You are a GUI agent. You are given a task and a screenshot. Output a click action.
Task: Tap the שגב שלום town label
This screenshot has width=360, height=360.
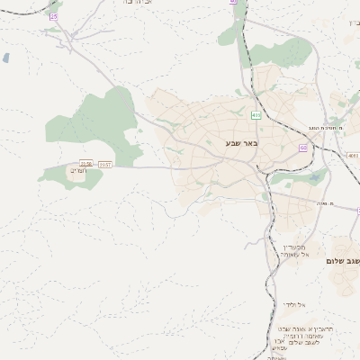click(345, 260)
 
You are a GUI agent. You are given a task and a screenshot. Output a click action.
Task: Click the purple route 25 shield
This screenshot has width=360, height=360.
click(53, 16)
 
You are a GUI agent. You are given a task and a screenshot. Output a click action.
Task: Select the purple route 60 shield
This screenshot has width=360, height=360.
click(303, 148)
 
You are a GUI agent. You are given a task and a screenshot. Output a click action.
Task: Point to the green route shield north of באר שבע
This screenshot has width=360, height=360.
click(256, 115)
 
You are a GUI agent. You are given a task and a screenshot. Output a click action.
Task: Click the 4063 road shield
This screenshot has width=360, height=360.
click(352, 155)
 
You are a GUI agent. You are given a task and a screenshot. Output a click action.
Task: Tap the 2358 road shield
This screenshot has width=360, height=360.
click(85, 164)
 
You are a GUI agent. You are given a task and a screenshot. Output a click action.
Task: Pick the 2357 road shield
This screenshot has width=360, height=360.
click(105, 164)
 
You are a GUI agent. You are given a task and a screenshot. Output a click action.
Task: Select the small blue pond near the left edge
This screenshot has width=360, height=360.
click(5, 58)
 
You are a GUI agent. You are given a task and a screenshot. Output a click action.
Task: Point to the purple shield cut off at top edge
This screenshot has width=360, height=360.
click(233, 3)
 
